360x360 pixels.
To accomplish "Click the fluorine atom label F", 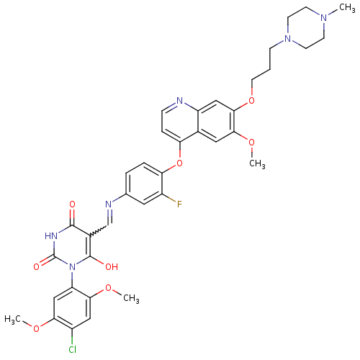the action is (179, 204).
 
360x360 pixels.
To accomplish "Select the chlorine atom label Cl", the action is (73, 349).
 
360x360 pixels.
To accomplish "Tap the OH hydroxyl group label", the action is (112, 267).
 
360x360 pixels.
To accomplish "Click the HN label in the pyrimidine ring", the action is (51, 236).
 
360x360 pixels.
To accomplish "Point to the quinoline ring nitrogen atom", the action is (180, 101).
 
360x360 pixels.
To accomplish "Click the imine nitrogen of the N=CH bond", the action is (109, 204).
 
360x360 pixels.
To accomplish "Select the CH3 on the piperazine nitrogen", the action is (347, 8).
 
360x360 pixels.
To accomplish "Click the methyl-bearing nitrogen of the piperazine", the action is (324, 18).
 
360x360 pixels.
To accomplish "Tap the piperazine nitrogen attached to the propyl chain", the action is (287, 38).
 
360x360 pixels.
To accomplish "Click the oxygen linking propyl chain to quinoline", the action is (251, 101).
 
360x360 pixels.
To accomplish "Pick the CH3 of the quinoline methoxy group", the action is (257, 164).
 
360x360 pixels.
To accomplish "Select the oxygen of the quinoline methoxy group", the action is (251, 143).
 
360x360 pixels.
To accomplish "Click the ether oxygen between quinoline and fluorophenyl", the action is (179, 163).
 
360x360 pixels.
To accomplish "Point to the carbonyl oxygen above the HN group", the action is (72, 204).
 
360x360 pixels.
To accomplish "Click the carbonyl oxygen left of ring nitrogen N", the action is (37, 267).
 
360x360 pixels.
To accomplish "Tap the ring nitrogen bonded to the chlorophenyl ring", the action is (72, 267).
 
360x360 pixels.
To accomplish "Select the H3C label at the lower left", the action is (12, 320).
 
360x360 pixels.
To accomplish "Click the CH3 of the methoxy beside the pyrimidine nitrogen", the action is (131, 299).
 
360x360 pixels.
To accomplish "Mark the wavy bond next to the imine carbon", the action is (98, 230).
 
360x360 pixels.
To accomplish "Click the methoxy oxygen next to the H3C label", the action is (37, 328).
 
